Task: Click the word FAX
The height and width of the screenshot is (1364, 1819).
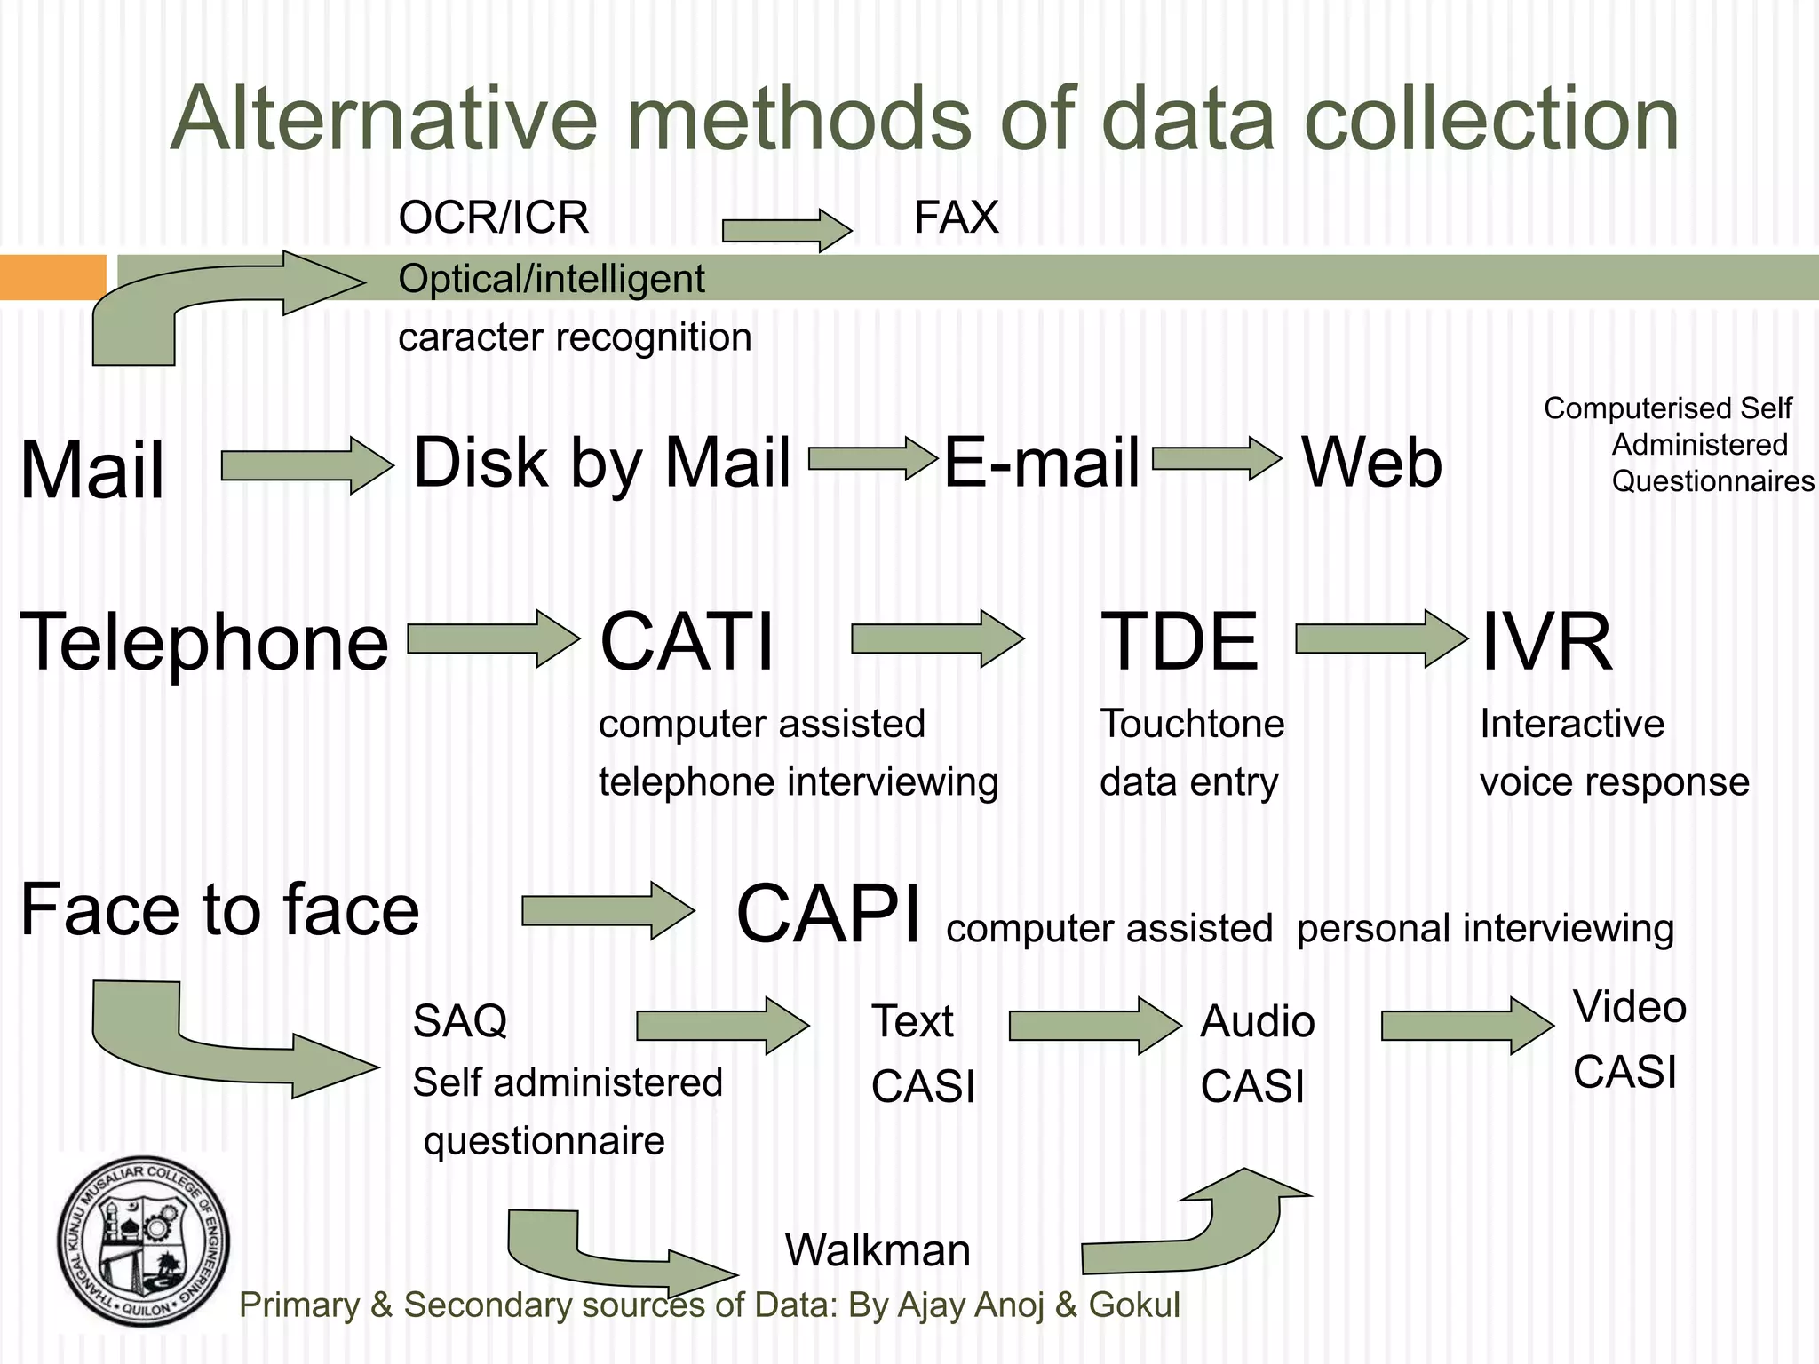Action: click(x=957, y=218)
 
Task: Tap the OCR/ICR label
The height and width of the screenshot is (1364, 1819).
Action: click(x=494, y=218)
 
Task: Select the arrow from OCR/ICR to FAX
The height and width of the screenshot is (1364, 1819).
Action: click(x=787, y=231)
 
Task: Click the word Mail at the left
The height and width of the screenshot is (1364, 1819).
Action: click(x=92, y=470)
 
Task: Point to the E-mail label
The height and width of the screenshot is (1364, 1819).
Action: click(x=1041, y=463)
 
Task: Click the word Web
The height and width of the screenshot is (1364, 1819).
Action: click(x=1371, y=463)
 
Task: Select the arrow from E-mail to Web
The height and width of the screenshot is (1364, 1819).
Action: click(x=1217, y=459)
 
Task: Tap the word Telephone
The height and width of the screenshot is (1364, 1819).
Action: click(x=204, y=642)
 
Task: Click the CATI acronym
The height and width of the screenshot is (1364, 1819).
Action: click(x=687, y=642)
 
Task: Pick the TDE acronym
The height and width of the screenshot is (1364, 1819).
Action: click(x=1179, y=642)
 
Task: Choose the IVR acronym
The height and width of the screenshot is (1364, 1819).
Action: click(x=1545, y=642)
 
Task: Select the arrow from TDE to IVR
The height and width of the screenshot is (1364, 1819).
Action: click(x=1381, y=638)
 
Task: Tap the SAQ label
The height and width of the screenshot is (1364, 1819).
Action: click(x=460, y=1021)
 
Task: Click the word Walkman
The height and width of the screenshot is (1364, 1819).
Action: click(x=878, y=1250)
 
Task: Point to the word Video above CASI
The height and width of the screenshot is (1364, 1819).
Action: click(x=1629, y=1007)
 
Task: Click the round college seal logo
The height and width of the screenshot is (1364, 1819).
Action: click(x=144, y=1241)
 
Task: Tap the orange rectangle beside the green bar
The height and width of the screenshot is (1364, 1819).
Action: click(x=52, y=277)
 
